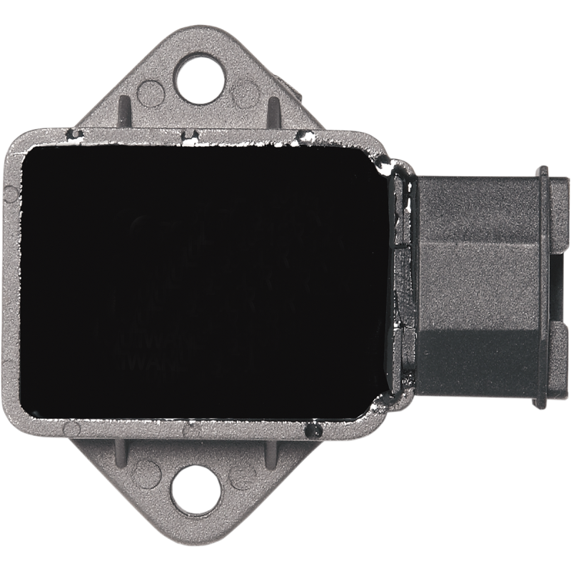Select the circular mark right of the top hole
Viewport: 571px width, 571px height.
tap(246, 91)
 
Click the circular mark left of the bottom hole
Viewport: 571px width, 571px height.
tap(146, 470)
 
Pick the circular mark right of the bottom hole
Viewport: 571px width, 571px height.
tap(243, 470)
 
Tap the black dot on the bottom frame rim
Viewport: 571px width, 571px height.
tap(312, 430)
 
